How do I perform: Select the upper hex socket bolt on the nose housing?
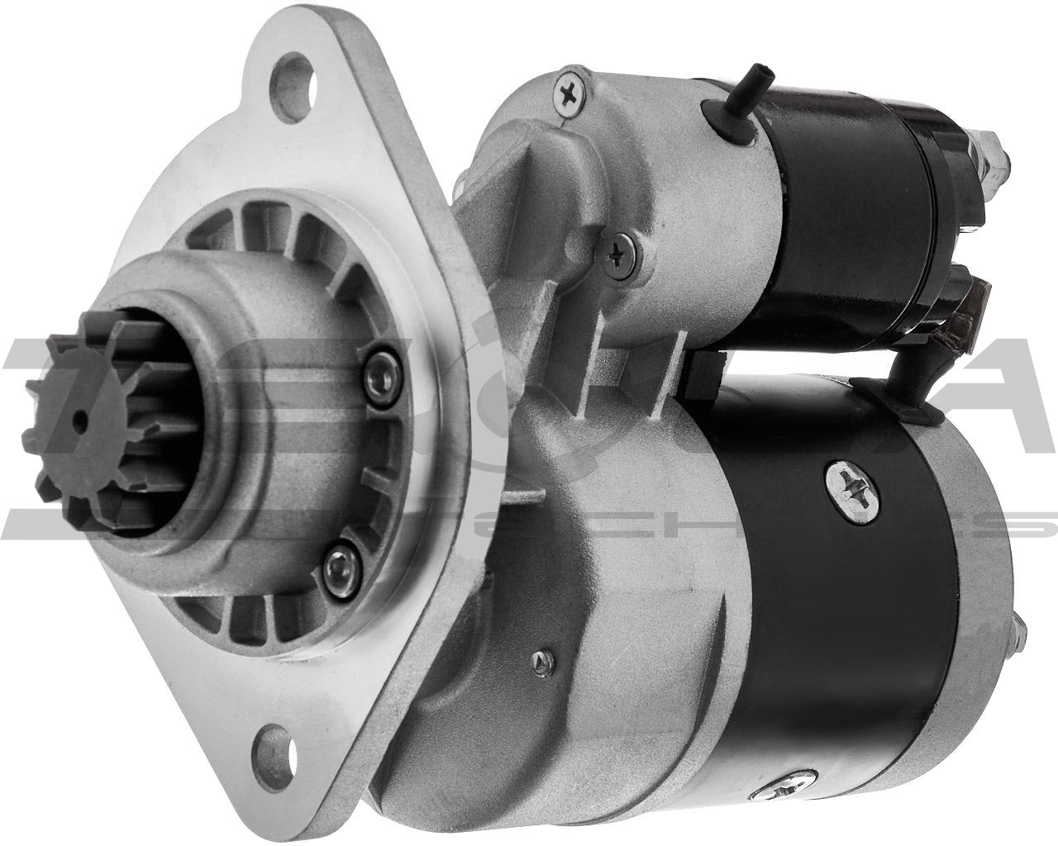377,364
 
